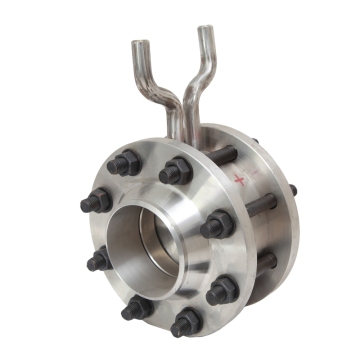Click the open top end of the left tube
138,43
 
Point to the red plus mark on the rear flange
239,178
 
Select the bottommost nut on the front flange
185,322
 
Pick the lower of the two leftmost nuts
98,261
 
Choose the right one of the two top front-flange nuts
176,170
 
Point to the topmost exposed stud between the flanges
222,156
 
